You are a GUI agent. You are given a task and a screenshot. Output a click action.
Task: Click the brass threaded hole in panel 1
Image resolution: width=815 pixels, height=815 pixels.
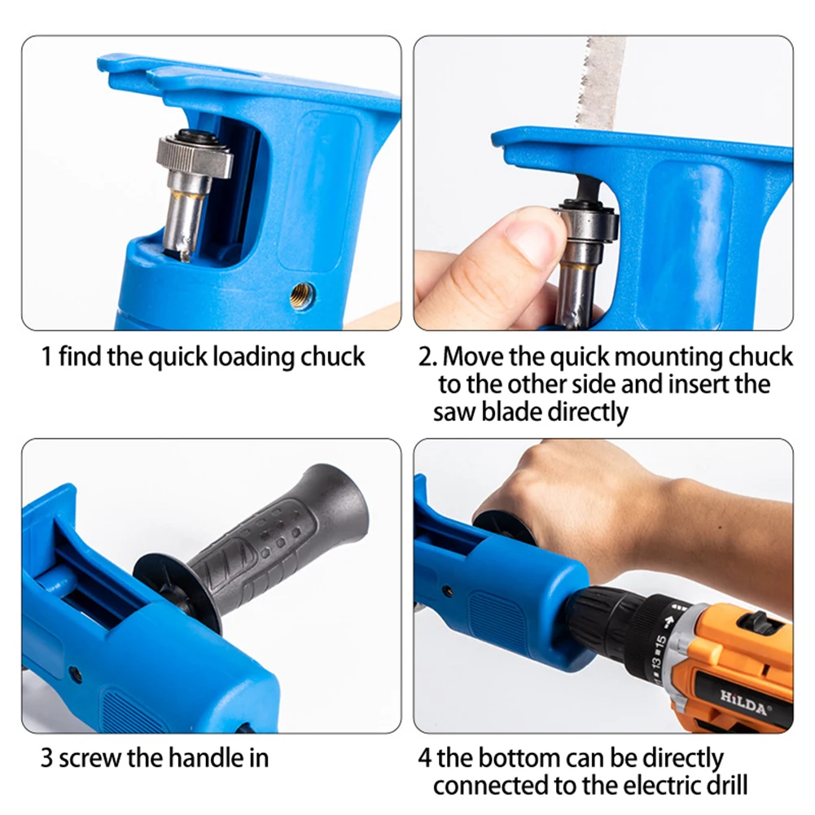pyautogui.click(x=301, y=296)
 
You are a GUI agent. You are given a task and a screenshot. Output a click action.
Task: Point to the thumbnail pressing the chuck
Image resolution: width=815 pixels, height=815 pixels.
pyautogui.click(x=529, y=234)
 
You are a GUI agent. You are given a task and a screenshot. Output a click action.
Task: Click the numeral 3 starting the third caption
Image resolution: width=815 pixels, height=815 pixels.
pyautogui.click(x=46, y=759)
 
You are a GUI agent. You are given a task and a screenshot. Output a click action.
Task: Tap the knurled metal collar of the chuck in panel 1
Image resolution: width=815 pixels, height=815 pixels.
pyautogui.click(x=194, y=156)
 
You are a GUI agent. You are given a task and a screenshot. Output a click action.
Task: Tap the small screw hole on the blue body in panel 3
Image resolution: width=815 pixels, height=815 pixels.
pyautogui.click(x=76, y=675)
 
